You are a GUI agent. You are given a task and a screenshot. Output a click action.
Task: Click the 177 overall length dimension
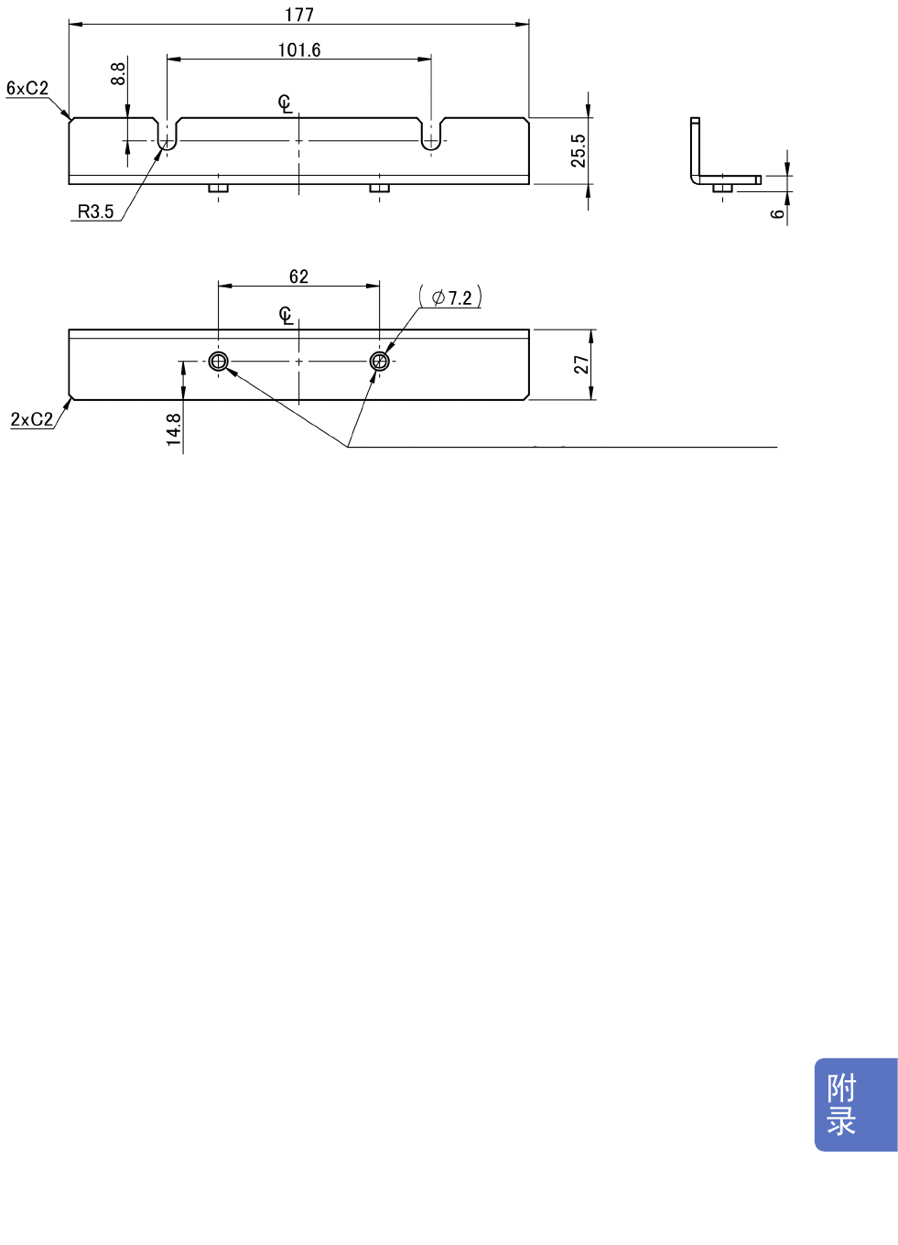(299, 15)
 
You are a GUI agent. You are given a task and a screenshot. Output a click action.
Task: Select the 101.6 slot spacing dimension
(299, 50)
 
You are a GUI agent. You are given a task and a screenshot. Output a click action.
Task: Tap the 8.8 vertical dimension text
(118, 73)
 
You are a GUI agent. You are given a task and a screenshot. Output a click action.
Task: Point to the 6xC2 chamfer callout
(27, 89)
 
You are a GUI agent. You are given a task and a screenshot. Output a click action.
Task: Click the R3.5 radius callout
(95, 211)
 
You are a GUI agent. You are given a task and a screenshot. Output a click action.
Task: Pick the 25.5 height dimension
(579, 150)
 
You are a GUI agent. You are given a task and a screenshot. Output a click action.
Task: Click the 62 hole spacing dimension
(298, 276)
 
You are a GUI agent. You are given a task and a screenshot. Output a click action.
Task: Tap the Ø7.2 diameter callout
(451, 298)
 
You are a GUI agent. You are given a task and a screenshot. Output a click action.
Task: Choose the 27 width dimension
(581, 364)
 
